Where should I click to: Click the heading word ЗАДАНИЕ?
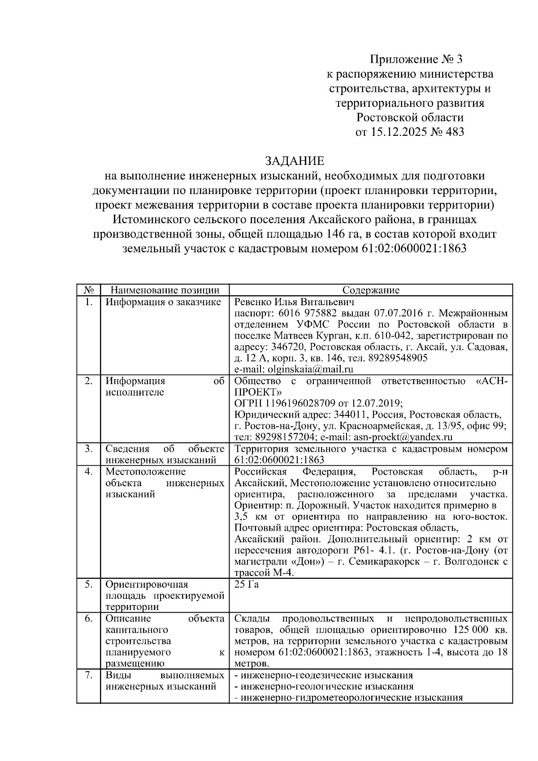point(294,161)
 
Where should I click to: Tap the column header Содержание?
point(371,290)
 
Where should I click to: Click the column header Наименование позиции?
point(165,290)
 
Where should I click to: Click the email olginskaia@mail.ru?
point(310,369)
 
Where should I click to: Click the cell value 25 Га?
point(247,584)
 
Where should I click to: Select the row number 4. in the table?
point(88,471)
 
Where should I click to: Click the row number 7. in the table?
point(88,675)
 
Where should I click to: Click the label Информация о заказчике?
point(163,302)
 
